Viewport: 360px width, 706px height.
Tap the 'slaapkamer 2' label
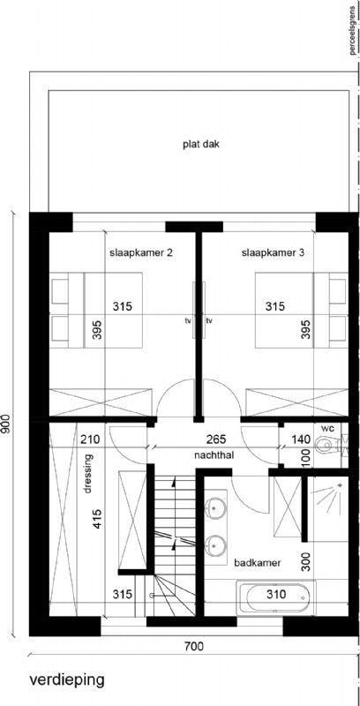141,253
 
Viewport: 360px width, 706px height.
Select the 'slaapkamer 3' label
273,253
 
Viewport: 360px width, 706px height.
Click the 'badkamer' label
258,563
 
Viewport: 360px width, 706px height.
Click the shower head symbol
340,485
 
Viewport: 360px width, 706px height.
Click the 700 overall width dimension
193,647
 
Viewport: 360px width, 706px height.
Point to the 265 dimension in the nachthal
216,439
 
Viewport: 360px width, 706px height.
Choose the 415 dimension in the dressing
97,519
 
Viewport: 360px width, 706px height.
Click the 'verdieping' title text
66,680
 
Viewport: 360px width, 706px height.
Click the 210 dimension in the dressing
90,439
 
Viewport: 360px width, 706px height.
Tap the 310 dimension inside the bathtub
275,595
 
